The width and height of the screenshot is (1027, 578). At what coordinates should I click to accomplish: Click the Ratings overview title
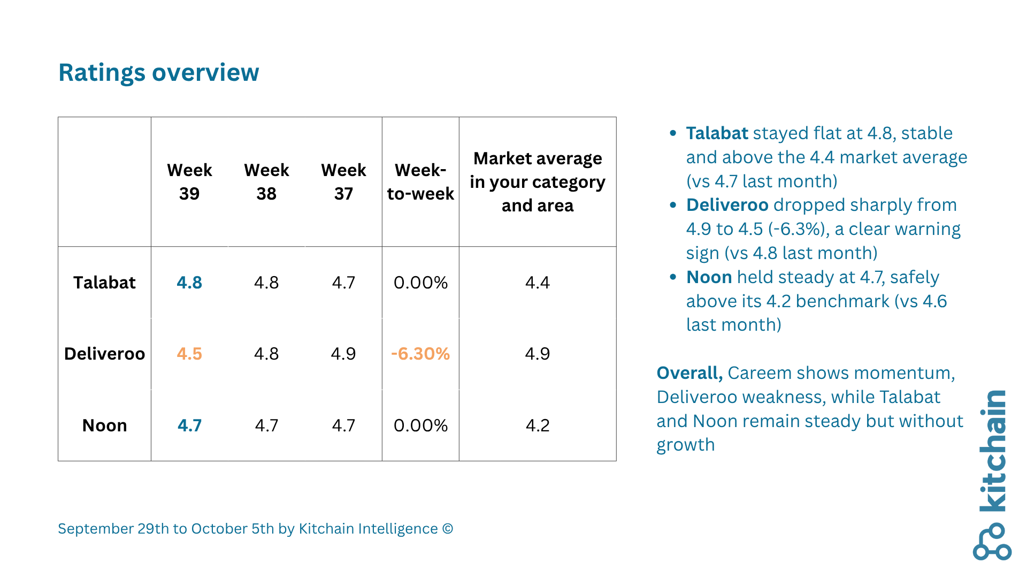pos(158,73)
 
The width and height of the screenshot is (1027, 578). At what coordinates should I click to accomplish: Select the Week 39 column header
pos(189,181)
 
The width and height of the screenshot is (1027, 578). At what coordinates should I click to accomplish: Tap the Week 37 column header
pos(343,181)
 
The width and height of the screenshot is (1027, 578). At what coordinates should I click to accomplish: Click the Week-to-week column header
pos(420,181)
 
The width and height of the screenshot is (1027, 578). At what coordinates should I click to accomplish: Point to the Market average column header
pos(538,181)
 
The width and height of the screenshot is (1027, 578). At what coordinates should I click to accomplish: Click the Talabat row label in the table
pos(104,283)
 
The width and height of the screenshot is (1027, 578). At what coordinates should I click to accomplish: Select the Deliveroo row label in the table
pos(104,354)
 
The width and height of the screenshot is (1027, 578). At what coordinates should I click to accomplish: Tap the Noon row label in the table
pos(104,425)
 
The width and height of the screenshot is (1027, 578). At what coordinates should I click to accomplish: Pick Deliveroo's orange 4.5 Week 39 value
pos(189,354)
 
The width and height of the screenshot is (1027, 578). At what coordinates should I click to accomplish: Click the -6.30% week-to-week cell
pos(420,354)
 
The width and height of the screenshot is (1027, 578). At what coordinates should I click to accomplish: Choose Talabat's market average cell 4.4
pos(538,283)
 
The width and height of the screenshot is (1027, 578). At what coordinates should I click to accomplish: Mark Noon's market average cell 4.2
pos(538,425)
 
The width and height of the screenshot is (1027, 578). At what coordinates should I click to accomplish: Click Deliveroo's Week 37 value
pos(343,354)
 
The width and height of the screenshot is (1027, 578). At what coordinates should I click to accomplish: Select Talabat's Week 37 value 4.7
pos(343,283)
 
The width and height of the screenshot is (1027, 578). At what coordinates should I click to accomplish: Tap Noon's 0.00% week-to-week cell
pos(420,425)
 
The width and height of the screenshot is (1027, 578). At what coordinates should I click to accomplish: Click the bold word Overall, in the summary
pos(689,373)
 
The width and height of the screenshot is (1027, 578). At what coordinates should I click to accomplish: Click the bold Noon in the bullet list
pos(709,277)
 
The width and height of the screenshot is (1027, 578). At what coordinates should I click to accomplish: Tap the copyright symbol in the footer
pos(448,529)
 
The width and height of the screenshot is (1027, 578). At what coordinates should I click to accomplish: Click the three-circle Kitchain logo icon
pos(992,542)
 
